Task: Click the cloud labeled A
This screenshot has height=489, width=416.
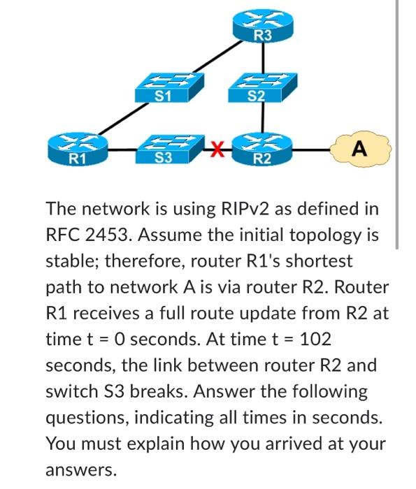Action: pos(359,148)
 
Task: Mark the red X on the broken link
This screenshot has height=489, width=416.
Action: pos(218,147)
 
